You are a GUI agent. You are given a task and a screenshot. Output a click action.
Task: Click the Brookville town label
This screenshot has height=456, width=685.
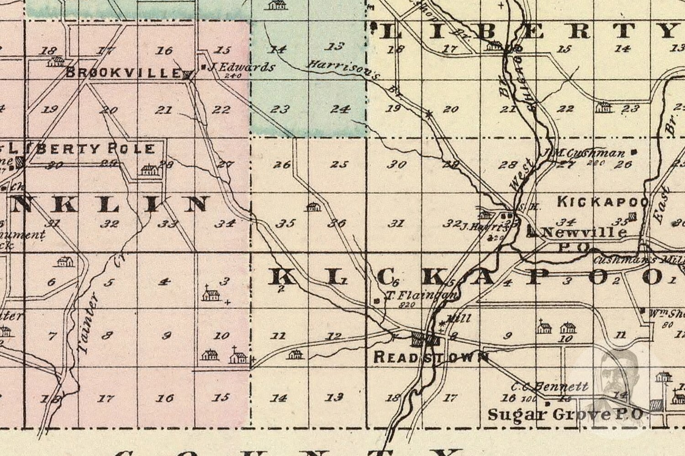pos(123,72)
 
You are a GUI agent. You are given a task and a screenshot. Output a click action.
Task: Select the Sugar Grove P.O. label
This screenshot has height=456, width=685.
pos(565,414)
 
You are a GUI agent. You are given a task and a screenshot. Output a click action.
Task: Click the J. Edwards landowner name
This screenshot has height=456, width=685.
pos(241,67)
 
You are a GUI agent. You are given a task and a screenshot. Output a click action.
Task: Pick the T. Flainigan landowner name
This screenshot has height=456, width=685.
pos(421,296)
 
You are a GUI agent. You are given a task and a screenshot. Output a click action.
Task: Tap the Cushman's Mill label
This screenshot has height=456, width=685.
pos(639,260)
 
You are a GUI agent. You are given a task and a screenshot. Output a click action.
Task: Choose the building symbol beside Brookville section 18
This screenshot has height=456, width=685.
pos(57,61)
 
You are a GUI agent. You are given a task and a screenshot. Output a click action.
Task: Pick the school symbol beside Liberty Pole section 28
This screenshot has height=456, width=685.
pos(149,170)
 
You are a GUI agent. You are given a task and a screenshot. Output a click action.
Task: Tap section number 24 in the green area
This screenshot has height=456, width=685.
pos(340,109)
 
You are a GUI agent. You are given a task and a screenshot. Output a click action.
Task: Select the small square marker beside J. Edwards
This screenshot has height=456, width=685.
pos(204,67)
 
